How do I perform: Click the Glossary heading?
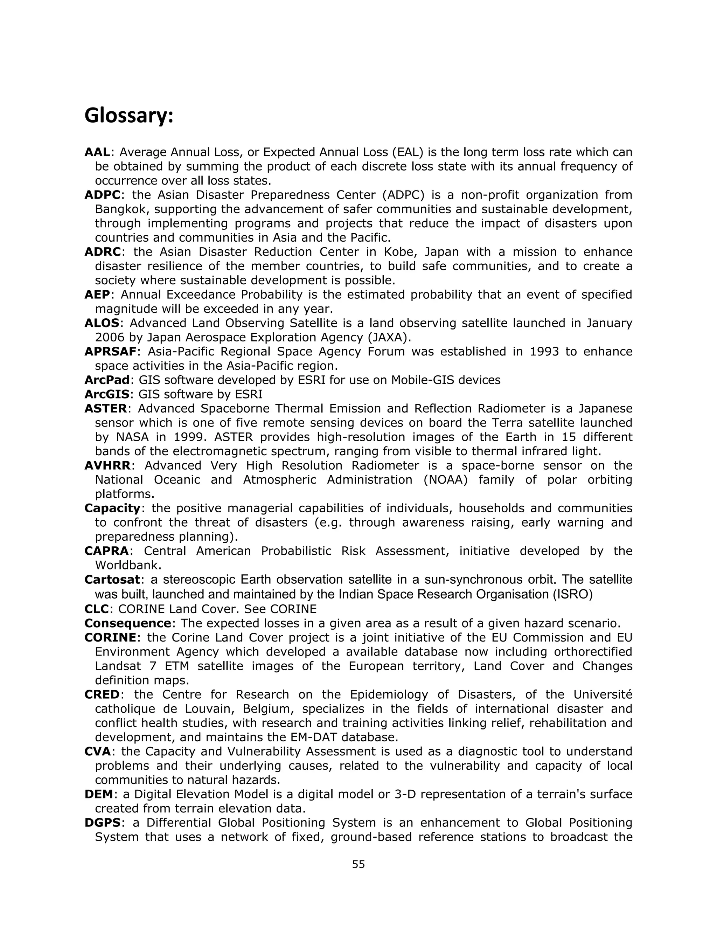click(129, 116)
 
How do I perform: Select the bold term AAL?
click(97, 152)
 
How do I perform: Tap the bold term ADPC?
click(102, 195)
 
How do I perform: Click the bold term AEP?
click(97, 295)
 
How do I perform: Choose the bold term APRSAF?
click(110, 351)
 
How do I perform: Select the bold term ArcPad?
click(107, 380)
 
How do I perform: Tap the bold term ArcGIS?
click(107, 394)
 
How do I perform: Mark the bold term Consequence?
click(127, 623)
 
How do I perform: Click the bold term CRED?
click(102, 694)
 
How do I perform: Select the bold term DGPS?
click(102, 823)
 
